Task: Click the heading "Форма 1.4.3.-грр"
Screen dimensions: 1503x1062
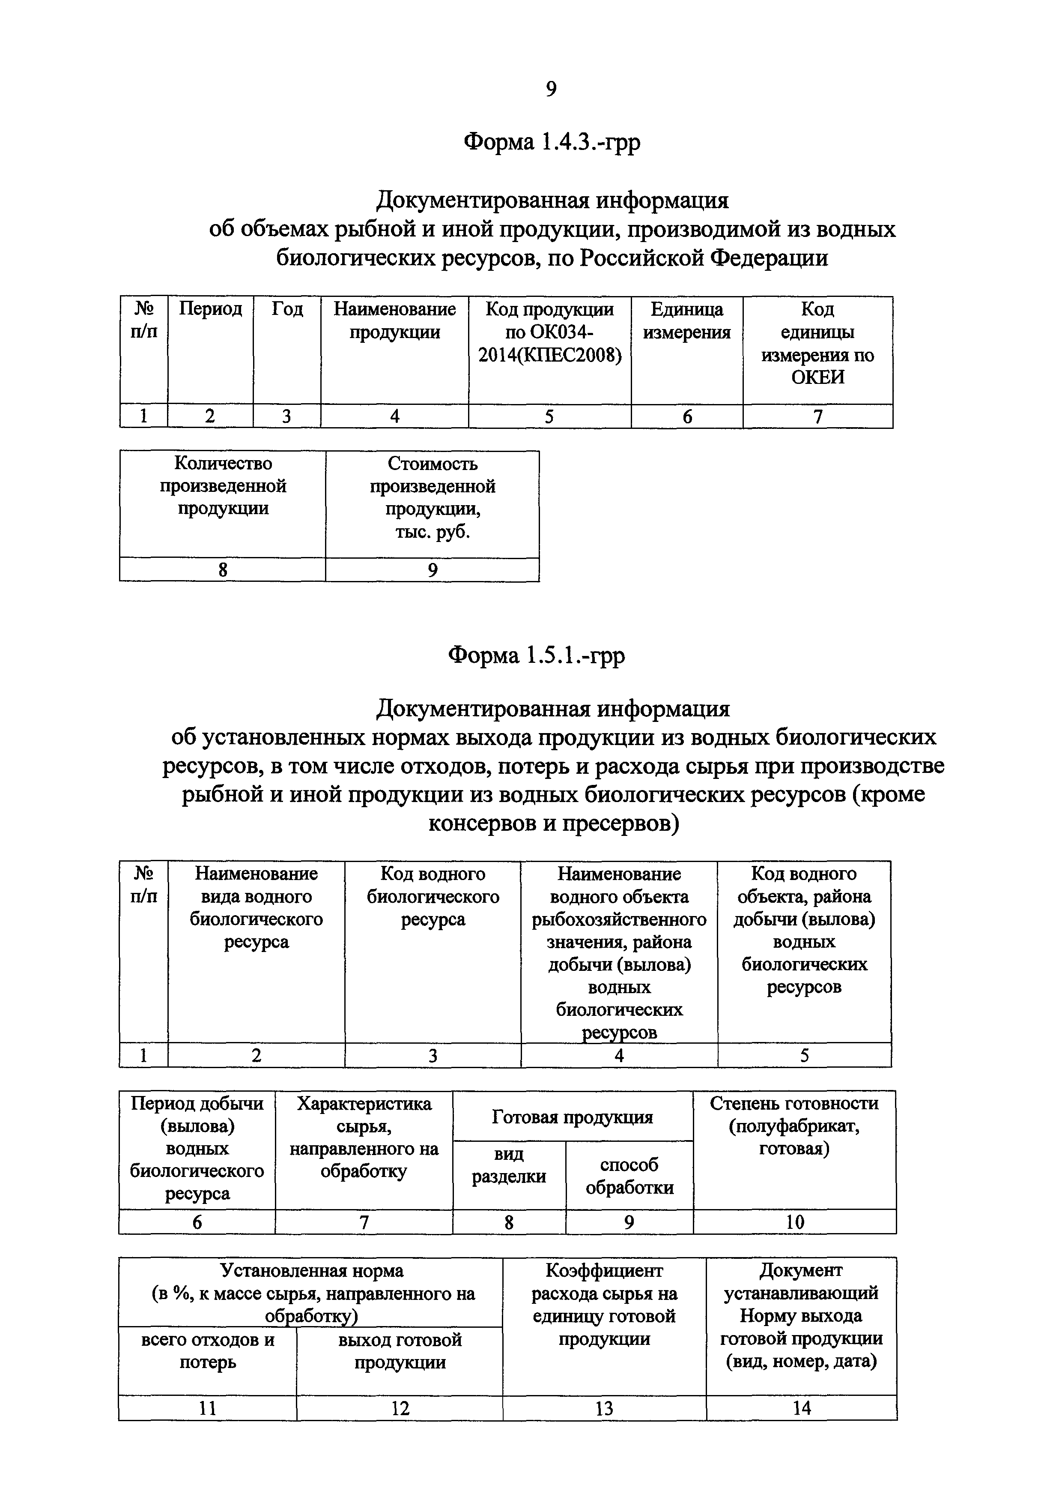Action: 552,141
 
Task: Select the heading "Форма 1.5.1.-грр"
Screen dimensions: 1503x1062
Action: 536,655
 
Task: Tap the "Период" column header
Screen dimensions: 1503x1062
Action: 210,309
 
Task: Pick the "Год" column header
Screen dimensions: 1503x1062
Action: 287,309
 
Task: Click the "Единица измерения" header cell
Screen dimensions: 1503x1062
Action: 686,321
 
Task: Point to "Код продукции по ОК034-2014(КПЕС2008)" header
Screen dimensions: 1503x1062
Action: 550,332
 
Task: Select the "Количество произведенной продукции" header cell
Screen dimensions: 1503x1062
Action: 223,486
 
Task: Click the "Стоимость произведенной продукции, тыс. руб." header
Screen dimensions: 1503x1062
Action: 433,497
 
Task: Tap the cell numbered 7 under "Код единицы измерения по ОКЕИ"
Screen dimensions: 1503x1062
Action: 817,416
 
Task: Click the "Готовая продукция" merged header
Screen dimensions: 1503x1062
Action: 573,1117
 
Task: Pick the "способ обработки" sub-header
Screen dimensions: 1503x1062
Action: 629,1177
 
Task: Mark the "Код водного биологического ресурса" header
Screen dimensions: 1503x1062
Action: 433,896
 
